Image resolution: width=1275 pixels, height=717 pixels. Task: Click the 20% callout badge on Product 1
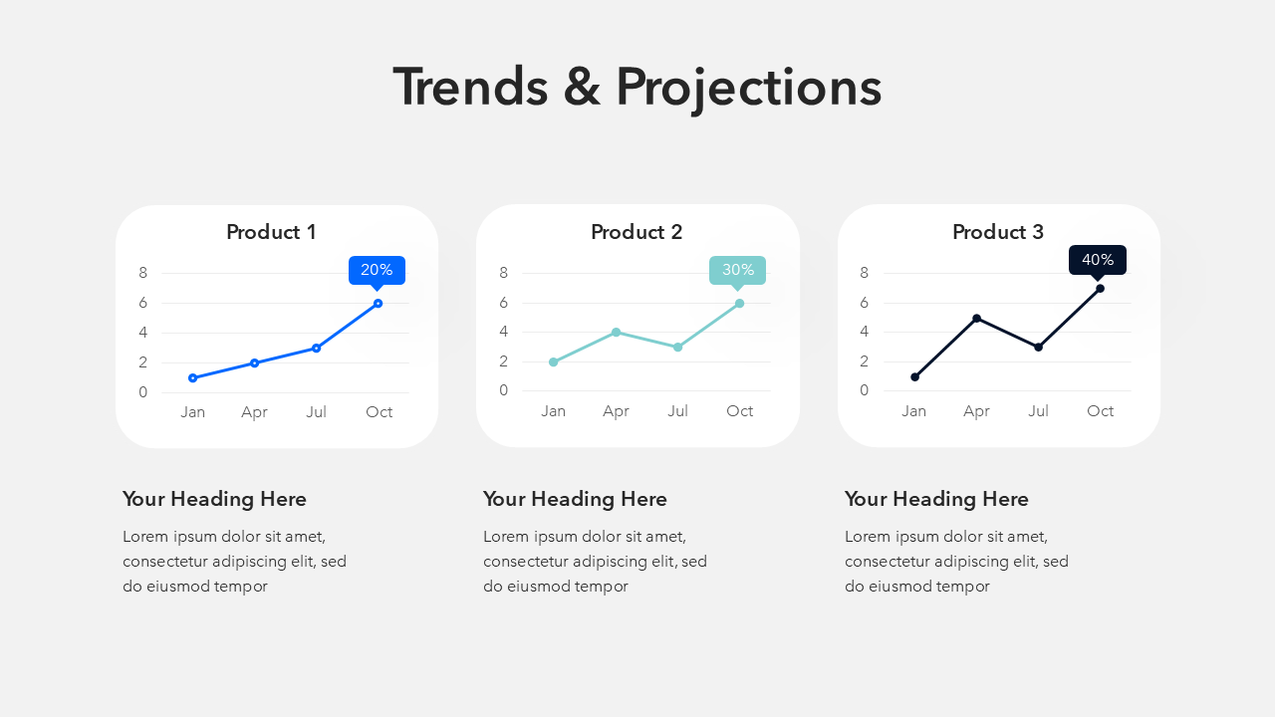[377, 271]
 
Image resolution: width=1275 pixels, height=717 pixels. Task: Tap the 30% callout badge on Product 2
[738, 271]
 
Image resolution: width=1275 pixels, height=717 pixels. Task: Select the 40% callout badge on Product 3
[1098, 261]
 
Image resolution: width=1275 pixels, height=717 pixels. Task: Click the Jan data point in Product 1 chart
[193, 377]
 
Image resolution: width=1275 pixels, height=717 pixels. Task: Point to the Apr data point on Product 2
[616, 333]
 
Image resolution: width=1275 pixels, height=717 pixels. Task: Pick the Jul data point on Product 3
[1038, 348]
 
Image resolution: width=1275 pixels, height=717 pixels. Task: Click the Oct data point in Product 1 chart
[378, 304]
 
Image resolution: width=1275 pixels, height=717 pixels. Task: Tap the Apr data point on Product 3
[977, 318]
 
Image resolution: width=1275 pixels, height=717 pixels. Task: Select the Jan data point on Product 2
[553, 361]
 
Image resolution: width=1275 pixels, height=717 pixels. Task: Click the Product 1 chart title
[271, 232]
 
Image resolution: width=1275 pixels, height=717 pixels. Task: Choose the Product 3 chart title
[998, 232]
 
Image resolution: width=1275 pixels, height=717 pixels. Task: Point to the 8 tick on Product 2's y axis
[503, 273]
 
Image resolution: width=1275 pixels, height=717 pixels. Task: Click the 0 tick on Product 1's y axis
[142, 392]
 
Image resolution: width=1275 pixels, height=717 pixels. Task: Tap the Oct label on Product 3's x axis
[1100, 411]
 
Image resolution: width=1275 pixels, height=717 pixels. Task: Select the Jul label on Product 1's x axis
[316, 412]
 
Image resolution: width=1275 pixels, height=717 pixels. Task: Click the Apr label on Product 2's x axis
[616, 411]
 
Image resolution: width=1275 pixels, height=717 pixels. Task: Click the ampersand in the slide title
[582, 88]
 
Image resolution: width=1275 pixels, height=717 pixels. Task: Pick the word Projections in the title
[749, 89]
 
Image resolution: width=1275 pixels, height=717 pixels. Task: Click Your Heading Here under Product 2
[575, 499]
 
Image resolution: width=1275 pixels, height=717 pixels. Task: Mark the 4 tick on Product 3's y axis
[864, 332]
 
